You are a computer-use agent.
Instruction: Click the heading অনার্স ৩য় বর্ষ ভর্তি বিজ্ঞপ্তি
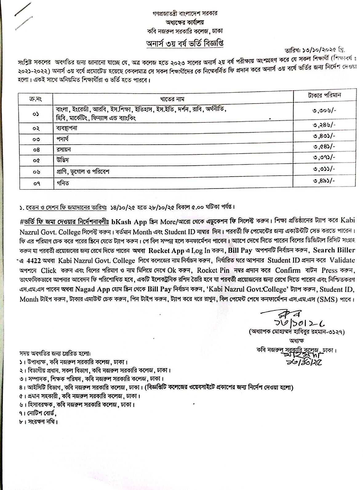(185, 43)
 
